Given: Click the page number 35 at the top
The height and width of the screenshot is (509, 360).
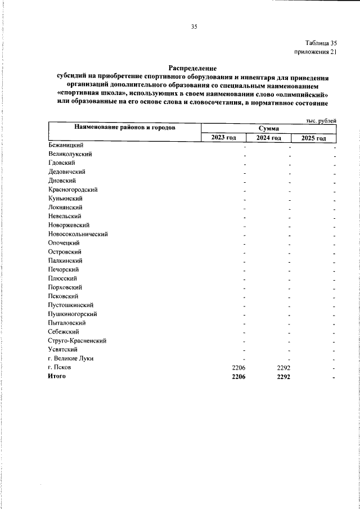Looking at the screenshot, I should [x=194, y=26].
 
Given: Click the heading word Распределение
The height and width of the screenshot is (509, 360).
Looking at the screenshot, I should [x=192, y=67].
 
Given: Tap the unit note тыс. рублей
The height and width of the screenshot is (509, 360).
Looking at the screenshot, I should [x=321, y=120].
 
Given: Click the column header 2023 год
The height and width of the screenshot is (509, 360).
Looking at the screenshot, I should [x=223, y=138].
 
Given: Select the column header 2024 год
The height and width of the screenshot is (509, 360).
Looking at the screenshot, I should [x=268, y=138].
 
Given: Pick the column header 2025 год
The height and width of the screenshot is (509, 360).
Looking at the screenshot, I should [x=313, y=138].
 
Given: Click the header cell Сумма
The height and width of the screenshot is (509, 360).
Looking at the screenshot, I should [x=268, y=129].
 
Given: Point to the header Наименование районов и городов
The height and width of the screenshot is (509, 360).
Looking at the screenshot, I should [x=125, y=128].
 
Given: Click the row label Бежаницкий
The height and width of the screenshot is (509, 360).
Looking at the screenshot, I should [x=66, y=145].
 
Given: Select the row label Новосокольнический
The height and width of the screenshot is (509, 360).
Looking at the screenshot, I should [x=78, y=234].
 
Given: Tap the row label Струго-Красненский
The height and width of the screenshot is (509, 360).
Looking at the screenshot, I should [x=78, y=340].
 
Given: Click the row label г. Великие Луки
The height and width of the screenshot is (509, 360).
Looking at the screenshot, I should [x=71, y=358].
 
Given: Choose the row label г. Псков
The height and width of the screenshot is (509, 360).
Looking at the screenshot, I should [x=60, y=367].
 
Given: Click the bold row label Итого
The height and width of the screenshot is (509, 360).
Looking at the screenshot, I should [x=57, y=376].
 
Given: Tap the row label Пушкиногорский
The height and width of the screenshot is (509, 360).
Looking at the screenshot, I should [x=73, y=314].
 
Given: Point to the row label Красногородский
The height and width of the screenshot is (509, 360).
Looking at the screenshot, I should [x=74, y=190].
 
